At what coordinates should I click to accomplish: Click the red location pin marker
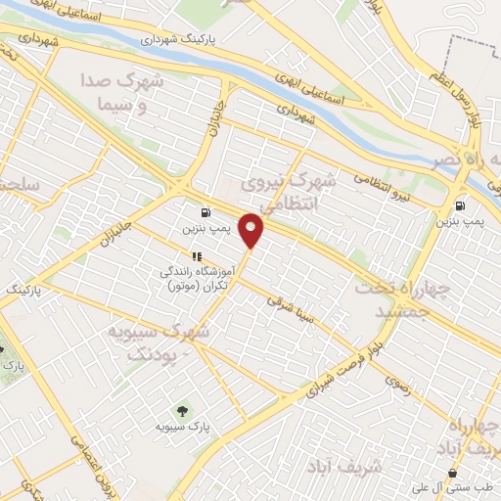coord(252,228)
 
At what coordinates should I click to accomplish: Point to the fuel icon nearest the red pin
coord(205,212)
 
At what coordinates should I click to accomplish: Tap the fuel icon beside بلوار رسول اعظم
coord(460,205)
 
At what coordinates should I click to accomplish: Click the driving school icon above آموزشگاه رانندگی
coord(196,256)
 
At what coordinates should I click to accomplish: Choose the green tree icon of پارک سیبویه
coord(180,410)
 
